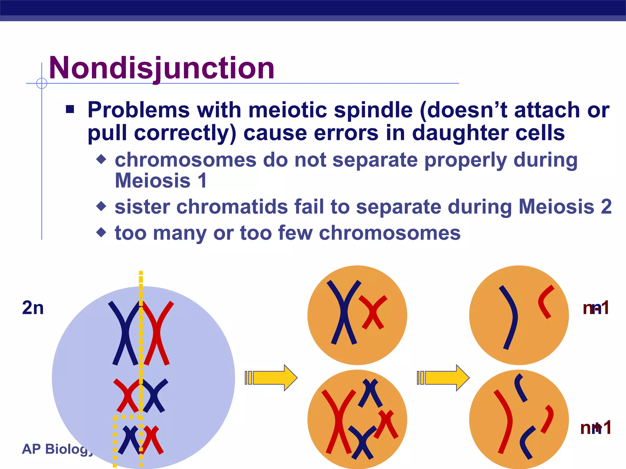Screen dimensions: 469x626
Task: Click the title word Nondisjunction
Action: tap(161, 68)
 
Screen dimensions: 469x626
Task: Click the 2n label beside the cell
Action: tap(33, 308)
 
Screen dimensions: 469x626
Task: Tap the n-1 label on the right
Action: tap(596, 308)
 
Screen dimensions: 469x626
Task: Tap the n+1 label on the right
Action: tap(596, 427)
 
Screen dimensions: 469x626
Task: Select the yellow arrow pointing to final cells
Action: tap(444, 378)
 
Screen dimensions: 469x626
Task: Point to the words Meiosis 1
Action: tap(161, 180)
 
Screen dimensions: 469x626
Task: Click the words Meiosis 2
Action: tap(565, 207)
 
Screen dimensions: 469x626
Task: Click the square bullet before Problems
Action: tap(70, 109)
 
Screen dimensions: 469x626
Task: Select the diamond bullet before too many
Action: tap(101, 233)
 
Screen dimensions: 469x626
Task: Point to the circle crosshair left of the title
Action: tap(42, 83)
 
